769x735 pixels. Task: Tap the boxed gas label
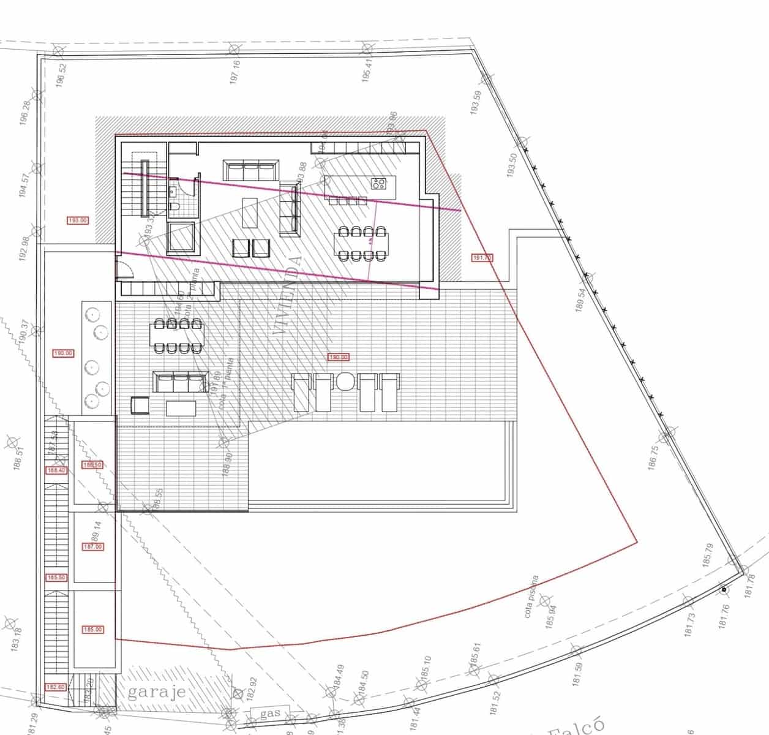coord(270,714)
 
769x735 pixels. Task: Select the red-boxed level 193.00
coord(77,221)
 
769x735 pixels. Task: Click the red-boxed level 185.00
coord(92,630)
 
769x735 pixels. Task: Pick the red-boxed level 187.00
coord(92,546)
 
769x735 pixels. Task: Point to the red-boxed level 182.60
coord(55,687)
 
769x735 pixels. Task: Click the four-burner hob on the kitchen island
coord(378,183)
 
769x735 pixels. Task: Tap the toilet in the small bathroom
coord(174,209)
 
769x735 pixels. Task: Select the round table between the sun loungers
coord(345,381)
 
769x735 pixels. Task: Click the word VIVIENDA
coord(290,295)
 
